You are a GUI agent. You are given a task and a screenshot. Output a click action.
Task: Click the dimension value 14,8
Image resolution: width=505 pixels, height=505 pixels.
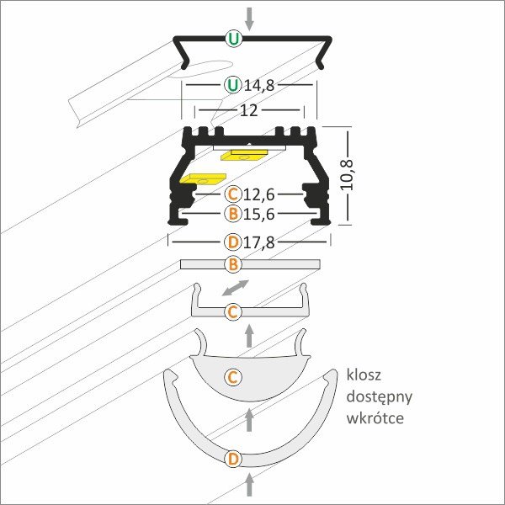click(x=259, y=85)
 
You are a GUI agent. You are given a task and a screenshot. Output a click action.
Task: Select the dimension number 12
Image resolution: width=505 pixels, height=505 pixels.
click(x=249, y=110)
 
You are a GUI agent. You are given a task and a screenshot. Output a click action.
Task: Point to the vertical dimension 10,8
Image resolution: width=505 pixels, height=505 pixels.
click(x=347, y=175)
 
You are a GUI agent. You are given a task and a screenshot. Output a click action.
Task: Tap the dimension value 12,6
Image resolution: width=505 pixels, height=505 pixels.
click(x=259, y=194)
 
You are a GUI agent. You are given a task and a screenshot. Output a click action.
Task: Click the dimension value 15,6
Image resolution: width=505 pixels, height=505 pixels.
click(x=259, y=214)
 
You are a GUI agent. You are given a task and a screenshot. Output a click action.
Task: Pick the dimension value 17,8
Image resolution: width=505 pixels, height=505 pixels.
click(x=259, y=242)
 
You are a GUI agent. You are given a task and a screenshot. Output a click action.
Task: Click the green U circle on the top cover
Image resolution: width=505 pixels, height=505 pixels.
click(x=233, y=39)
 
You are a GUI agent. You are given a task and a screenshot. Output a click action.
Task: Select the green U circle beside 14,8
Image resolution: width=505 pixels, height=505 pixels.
click(x=233, y=85)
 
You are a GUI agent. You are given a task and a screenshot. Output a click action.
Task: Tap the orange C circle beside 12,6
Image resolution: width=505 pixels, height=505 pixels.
click(x=233, y=194)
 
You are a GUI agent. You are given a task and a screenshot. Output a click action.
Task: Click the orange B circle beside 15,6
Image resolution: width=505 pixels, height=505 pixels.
click(x=233, y=214)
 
